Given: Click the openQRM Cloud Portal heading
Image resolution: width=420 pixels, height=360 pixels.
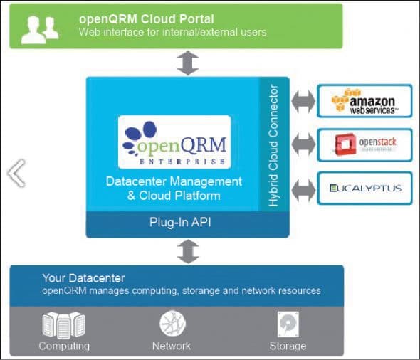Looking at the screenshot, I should [x=146, y=18].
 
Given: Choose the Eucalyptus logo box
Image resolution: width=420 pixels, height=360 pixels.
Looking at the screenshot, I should [x=364, y=189].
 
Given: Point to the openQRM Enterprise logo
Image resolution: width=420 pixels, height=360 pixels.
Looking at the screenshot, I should [x=174, y=141].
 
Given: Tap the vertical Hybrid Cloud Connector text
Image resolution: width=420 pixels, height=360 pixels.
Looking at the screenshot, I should [x=273, y=146].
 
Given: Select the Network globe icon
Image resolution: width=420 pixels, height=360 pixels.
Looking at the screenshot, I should [x=172, y=324].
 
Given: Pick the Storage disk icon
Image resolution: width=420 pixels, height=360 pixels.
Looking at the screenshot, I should [x=288, y=324].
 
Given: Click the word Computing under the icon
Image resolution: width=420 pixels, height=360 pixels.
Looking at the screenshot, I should [x=64, y=346].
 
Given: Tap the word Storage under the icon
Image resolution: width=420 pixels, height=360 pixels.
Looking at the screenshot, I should [x=288, y=346].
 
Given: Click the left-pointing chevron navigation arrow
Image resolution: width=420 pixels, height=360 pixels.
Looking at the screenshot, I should [x=16, y=173].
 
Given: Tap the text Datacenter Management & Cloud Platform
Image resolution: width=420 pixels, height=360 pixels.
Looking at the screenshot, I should [x=174, y=189].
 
